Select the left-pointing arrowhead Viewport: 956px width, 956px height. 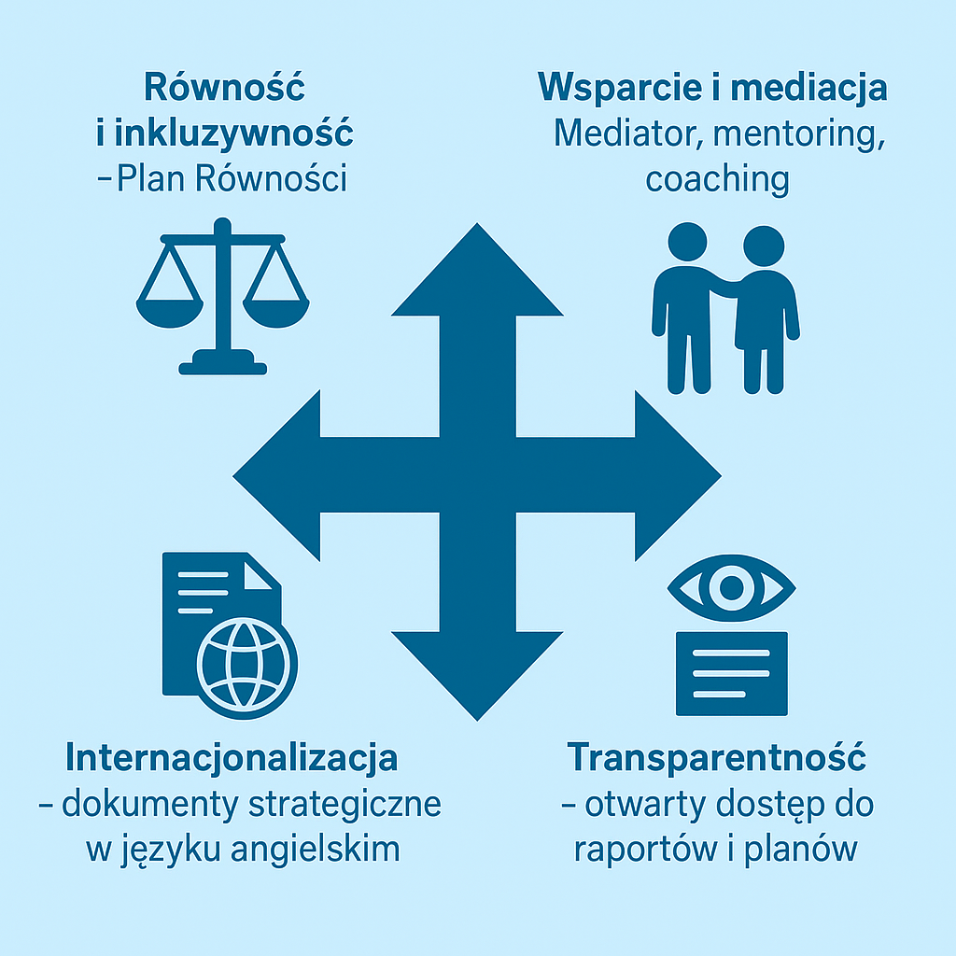(x=277, y=475)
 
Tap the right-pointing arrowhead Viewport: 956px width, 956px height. (x=678, y=475)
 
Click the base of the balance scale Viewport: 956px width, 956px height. (x=222, y=362)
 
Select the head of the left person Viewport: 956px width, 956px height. (x=687, y=242)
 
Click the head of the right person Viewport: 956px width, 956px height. (x=764, y=246)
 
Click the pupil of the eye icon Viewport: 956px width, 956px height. (x=732, y=588)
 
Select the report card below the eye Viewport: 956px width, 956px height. (x=732, y=673)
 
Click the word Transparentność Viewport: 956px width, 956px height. (x=716, y=758)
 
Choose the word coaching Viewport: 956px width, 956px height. (x=718, y=180)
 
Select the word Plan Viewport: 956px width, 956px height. (x=150, y=178)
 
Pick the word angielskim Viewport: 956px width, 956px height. (x=316, y=850)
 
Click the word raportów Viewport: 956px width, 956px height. (x=646, y=850)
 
